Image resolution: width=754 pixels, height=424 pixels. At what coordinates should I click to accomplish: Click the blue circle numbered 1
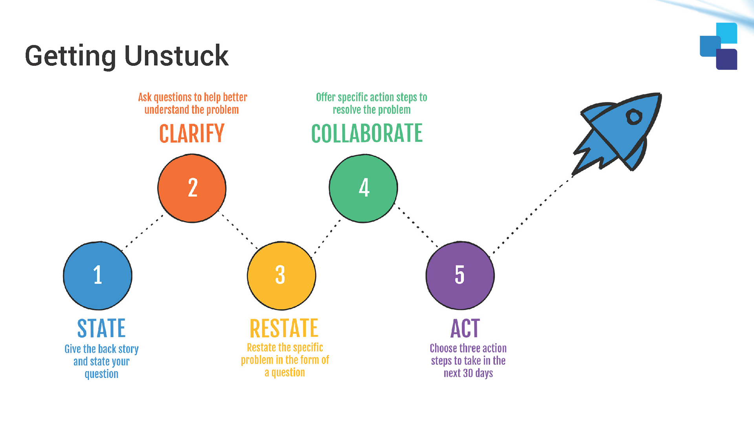coord(97,276)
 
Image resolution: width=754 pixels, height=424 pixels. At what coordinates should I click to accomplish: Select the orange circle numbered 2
coord(192,188)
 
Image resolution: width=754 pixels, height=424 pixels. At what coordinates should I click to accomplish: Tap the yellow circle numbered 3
coord(282,276)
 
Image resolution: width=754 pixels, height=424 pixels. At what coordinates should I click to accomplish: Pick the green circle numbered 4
coord(363,188)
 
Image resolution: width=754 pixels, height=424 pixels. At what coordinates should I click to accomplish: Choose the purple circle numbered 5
coord(460,276)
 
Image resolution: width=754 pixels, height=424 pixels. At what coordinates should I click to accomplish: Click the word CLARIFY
coord(192,133)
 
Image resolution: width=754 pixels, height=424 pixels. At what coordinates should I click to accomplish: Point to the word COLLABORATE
coord(367,133)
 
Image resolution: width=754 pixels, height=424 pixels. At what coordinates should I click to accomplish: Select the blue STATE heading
coord(101,328)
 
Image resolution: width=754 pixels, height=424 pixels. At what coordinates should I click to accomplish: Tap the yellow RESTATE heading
coord(284,328)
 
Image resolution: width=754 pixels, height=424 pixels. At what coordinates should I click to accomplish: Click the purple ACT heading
coord(465,328)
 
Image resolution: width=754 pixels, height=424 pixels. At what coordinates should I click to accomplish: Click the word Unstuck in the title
coord(176,56)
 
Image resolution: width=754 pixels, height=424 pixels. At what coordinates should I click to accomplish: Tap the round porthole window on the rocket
coord(634,117)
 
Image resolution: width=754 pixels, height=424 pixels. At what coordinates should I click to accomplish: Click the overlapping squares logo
coord(719,46)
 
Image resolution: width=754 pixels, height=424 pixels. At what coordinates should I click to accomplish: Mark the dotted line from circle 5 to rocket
coord(532,214)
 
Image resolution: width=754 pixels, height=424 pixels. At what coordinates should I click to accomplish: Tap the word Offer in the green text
coord(326,97)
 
